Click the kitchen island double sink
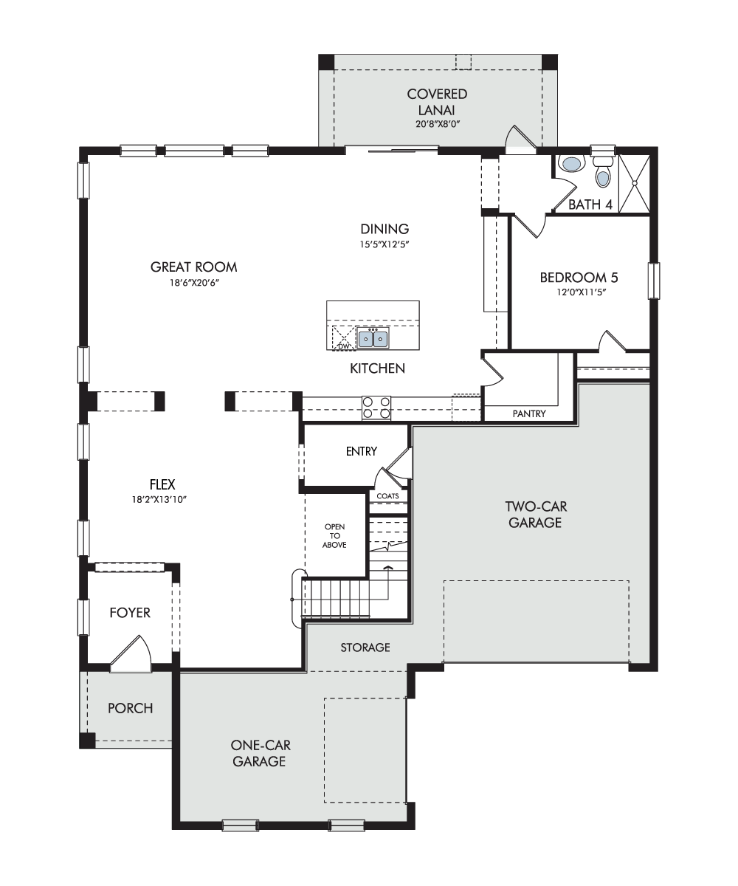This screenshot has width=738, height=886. (x=373, y=338)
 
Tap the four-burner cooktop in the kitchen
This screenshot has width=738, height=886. (x=376, y=408)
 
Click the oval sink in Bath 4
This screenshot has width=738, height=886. (x=571, y=163)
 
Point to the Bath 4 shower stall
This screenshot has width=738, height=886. (x=634, y=183)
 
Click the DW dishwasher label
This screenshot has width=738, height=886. (x=344, y=346)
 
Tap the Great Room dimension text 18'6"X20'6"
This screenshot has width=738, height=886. (x=194, y=283)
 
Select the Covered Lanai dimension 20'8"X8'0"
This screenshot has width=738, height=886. (x=438, y=124)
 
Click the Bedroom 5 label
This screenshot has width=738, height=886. (x=579, y=278)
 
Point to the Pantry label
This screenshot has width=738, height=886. (x=529, y=413)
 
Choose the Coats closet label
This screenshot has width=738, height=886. (x=387, y=495)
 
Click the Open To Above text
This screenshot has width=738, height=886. (x=334, y=535)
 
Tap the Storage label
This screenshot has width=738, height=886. (x=365, y=647)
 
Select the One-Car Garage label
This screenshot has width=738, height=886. (x=260, y=753)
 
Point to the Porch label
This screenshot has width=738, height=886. (x=130, y=708)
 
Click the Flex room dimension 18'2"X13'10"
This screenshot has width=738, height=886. (x=159, y=499)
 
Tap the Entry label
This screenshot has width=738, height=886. (x=362, y=451)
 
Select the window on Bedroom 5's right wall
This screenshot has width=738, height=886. (x=654, y=281)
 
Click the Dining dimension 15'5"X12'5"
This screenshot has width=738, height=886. (x=384, y=244)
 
